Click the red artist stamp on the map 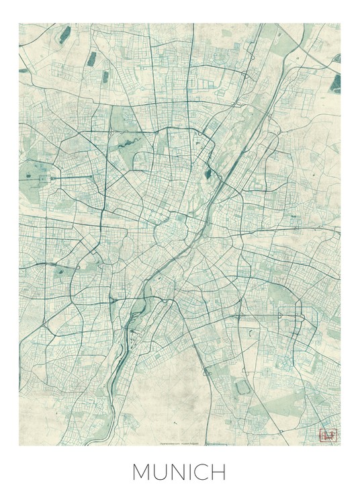[328, 434]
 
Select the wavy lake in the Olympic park [127, 143]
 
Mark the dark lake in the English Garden [208, 174]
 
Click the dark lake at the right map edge [334, 83]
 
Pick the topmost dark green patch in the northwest [64, 35]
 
